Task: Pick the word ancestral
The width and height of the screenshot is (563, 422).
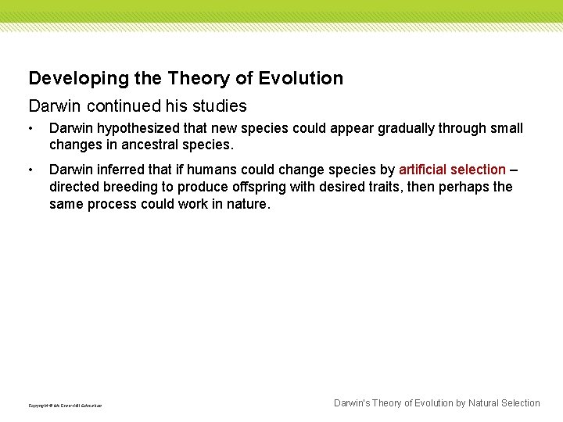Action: (150, 145)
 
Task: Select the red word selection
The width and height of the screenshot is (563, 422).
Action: (479, 170)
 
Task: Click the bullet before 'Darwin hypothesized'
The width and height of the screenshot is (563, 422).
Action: (30, 128)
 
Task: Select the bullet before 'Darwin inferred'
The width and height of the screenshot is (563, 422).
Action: (30, 170)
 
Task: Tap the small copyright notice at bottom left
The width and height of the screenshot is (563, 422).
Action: (65, 406)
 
